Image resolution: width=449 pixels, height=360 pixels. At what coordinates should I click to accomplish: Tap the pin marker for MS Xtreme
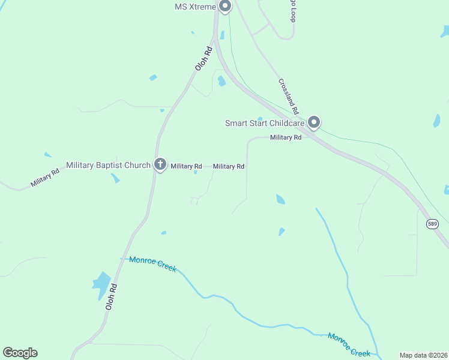coord(225,7)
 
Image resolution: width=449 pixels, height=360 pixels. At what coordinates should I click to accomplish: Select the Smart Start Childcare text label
coord(264,123)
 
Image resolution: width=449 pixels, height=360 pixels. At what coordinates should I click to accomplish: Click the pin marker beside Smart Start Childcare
coord(313,122)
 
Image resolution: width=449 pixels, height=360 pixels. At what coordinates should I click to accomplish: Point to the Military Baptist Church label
coord(108,165)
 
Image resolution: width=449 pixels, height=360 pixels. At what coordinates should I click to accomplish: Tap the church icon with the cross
coord(160,164)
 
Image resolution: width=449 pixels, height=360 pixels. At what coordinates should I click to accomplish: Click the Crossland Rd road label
coord(288,96)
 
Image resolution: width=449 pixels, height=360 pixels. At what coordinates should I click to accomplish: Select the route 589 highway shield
coord(432,224)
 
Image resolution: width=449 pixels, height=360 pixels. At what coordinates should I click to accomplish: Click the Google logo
coord(20,353)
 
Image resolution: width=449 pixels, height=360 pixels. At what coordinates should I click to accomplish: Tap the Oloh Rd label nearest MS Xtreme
coord(205,59)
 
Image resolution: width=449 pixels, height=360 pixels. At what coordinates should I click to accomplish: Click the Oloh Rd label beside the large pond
coord(110,296)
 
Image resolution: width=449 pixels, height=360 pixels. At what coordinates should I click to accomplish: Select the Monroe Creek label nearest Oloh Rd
coord(152,265)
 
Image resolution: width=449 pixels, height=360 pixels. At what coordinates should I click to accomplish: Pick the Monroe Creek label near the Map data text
coord(349,344)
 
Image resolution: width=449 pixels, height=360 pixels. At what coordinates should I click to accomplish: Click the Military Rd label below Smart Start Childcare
coord(286,137)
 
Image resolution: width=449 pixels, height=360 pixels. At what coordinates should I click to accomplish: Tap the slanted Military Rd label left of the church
coord(46,179)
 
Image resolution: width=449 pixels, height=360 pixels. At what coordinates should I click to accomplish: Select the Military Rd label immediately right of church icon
coord(185,166)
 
